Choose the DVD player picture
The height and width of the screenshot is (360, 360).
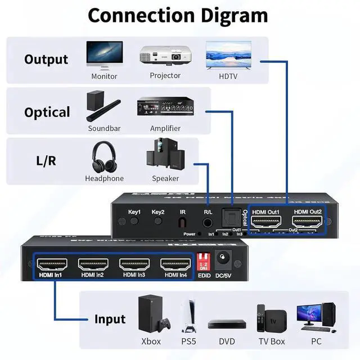tap(227, 324)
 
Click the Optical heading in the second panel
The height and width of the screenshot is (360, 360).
tap(47, 112)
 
